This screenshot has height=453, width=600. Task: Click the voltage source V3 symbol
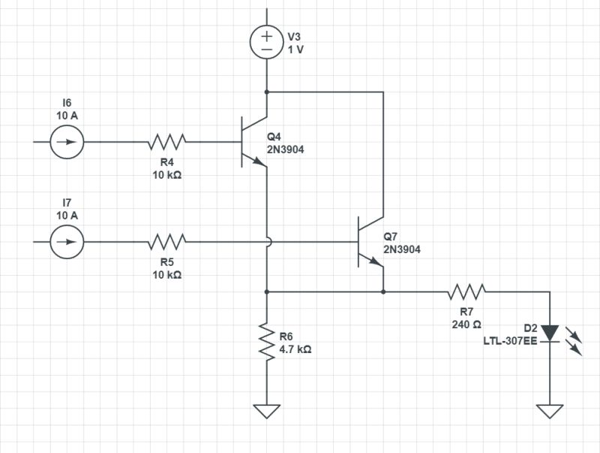click(x=267, y=43)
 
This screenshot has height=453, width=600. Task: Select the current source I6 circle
click(x=67, y=141)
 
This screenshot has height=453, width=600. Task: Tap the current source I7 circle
click(x=67, y=242)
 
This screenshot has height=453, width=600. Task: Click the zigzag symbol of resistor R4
click(x=167, y=141)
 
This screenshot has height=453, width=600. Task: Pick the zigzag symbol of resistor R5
click(x=167, y=242)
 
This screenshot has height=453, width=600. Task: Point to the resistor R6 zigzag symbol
click(x=267, y=341)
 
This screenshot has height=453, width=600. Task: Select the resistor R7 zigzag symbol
click(x=466, y=291)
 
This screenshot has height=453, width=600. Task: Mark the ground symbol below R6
click(x=267, y=411)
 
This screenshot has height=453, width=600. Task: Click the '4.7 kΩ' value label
click(x=295, y=349)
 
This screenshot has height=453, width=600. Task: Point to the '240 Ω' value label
click(x=466, y=325)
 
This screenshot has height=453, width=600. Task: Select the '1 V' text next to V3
click(x=295, y=50)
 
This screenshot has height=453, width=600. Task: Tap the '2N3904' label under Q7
click(x=401, y=249)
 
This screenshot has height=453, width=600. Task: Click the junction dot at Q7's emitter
click(x=383, y=291)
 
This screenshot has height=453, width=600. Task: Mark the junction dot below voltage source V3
click(x=267, y=92)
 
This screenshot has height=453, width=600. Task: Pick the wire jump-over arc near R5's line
click(x=267, y=242)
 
